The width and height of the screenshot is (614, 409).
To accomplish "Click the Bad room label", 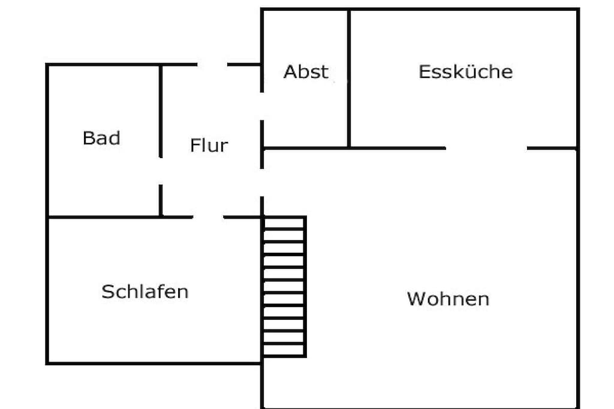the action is click(101, 138).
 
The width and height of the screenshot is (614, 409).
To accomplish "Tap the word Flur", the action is click(209, 146).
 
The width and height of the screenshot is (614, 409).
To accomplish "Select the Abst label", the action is click(306, 72).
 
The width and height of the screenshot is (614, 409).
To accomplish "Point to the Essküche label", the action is click(465, 71).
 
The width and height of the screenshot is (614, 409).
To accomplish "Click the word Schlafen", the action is click(145, 292).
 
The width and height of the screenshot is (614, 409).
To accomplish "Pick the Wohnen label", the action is click(449, 299).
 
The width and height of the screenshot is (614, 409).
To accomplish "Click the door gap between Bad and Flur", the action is click(161, 171).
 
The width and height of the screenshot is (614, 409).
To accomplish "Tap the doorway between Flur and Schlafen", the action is click(208, 217).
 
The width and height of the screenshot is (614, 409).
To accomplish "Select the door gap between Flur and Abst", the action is click(262, 107).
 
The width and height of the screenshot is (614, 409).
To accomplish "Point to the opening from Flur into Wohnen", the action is click(262, 183).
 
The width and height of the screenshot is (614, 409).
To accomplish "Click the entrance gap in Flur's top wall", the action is click(212, 64).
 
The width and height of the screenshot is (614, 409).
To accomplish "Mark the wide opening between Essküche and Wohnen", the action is click(486, 148).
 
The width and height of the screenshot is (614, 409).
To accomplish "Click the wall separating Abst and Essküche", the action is click(348, 78).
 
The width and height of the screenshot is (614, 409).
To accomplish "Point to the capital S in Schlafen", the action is click(107, 292).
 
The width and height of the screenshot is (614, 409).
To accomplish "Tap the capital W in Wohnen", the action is click(416, 299).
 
